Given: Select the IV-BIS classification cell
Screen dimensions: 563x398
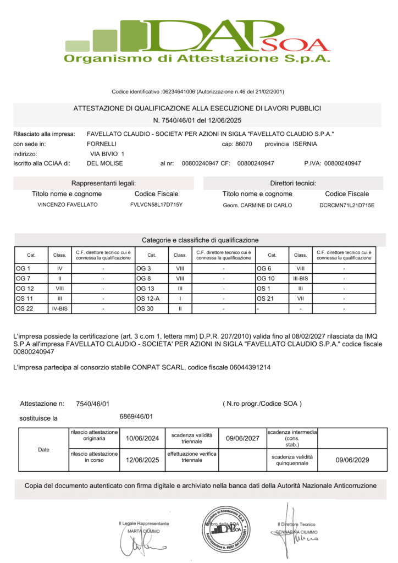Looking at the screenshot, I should tap(60, 308).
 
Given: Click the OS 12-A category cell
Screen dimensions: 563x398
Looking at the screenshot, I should tap(147, 298).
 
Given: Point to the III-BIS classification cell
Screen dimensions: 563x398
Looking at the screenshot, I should tap(300, 278).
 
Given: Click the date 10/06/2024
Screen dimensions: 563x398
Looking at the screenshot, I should tap(142, 438).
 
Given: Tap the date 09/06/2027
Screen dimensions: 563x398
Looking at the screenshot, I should tap(242, 438).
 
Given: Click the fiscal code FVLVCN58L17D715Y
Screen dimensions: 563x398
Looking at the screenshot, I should tap(156, 205).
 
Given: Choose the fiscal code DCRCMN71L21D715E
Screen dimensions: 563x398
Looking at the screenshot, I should tap(346, 205).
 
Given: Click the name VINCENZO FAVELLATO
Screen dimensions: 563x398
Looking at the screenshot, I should tap(67, 205).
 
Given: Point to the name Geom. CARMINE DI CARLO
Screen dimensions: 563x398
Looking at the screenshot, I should tap(257, 205).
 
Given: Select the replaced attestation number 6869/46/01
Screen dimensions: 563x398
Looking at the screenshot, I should tap(136, 416).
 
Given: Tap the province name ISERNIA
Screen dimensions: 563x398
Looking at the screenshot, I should tap(305, 144).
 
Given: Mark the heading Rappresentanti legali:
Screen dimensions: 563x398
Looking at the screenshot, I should tap(103, 183).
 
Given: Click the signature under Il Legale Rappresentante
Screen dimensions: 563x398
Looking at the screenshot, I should tap(139, 546).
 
